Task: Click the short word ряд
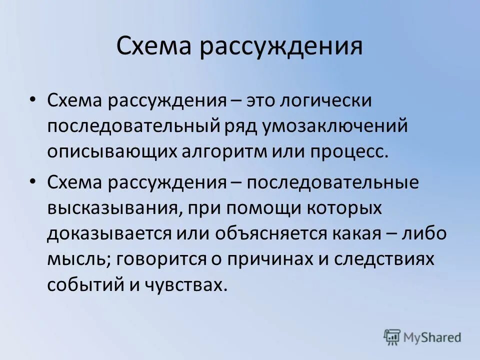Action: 236,126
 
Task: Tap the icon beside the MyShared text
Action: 392,337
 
